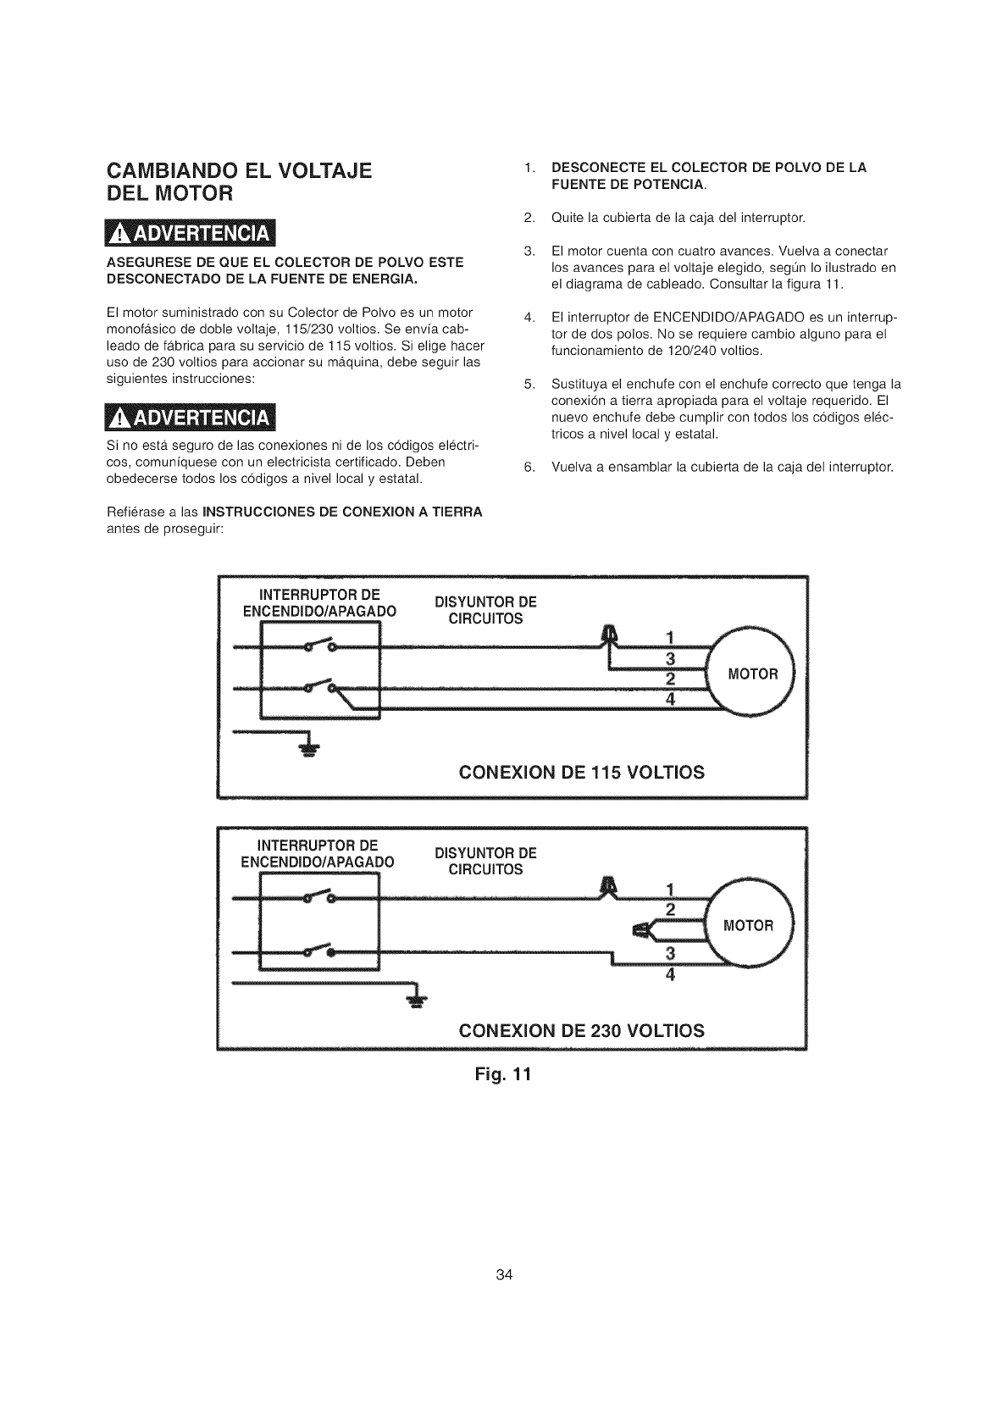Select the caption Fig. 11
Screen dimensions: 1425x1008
(505, 1075)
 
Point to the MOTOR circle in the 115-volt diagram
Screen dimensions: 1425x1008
(752, 674)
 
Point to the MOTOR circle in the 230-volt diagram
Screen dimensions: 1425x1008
(750, 925)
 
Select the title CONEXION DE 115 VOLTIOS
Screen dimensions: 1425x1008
(581, 773)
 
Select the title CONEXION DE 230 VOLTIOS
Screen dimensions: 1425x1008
(581, 1030)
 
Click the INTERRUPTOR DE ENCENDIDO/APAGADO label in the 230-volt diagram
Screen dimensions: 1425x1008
(317, 854)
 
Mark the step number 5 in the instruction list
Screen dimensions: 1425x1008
(529, 383)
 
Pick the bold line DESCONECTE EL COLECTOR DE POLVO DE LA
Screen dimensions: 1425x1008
(709, 168)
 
